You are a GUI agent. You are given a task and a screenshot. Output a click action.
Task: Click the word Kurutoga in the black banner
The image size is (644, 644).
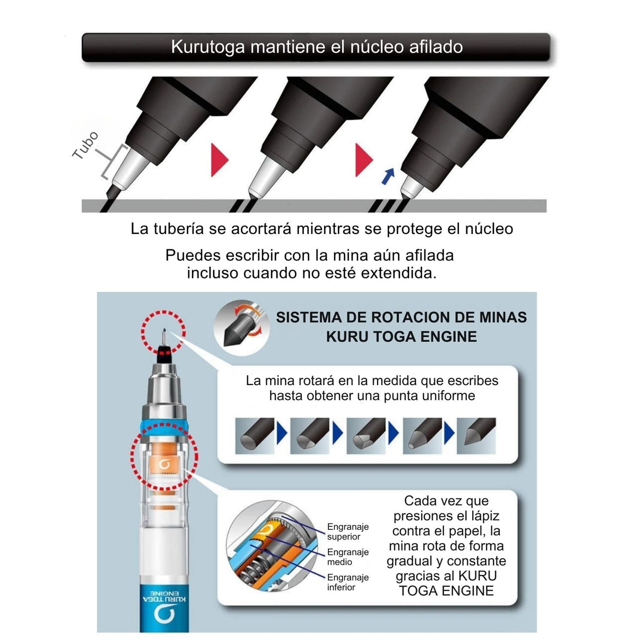(x=208, y=47)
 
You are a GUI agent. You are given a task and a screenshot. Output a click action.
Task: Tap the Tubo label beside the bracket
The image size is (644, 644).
(x=85, y=145)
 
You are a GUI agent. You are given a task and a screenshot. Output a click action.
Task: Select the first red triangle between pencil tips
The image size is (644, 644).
(x=220, y=160)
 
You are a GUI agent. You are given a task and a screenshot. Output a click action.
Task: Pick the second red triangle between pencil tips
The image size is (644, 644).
(x=364, y=160)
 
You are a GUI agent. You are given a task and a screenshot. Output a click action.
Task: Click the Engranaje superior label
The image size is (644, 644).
(x=347, y=532)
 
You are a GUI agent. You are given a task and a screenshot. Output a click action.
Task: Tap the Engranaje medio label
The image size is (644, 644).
(x=347, y=557)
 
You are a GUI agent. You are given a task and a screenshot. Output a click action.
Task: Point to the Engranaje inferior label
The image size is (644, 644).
(x=347, y=582)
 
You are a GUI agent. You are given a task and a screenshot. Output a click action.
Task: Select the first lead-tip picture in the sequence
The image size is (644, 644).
(x=255, y=436)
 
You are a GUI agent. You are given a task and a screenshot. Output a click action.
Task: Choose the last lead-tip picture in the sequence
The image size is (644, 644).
(x=476, y=436)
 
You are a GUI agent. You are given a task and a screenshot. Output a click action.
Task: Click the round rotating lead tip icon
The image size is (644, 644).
(x=241, y=328)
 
